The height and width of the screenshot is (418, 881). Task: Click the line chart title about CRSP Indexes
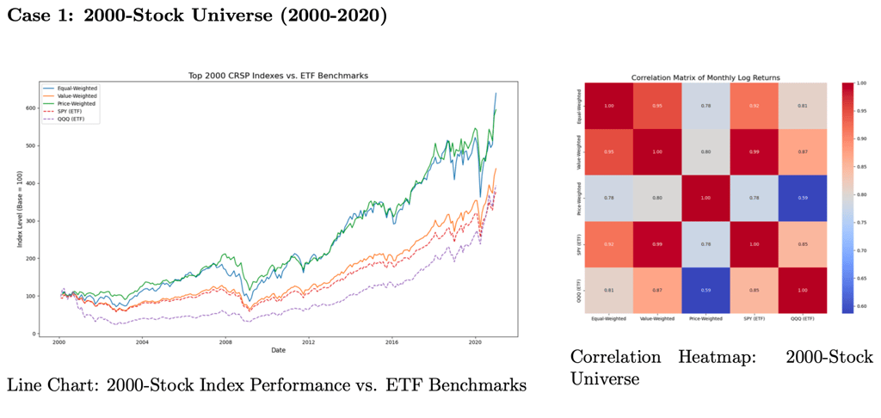click(278, 76)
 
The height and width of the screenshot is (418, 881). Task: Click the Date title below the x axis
click(278, 350)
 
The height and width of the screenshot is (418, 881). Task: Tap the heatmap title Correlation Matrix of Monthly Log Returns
click(705, 77)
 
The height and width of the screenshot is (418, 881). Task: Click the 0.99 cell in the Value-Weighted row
click(753, 152)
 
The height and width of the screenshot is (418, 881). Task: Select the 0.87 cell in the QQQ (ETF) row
click(656, 290)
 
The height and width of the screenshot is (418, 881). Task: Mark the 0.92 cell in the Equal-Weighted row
click(753, 107)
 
